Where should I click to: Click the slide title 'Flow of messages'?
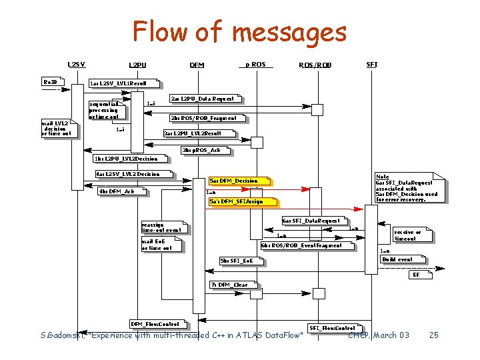239,31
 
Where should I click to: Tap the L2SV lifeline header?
77,64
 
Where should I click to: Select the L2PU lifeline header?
138,65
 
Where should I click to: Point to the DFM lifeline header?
197,65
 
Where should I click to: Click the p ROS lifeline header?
255,64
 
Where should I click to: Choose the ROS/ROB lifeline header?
315,65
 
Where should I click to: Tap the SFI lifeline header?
372,64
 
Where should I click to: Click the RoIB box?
51,82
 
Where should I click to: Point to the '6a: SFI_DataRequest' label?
311,220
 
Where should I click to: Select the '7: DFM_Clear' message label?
229,285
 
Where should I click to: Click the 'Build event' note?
397,259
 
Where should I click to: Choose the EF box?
416,275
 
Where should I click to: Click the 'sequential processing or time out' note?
105,110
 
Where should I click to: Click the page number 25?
434,335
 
